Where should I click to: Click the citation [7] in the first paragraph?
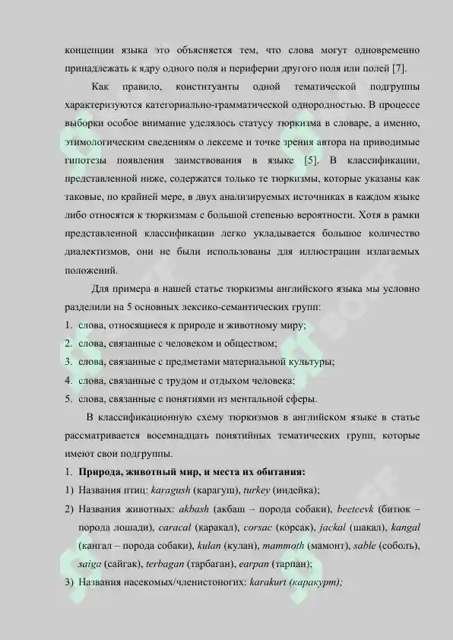pos(394,68)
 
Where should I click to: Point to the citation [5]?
pos(311,161)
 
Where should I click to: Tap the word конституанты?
pos(206,87)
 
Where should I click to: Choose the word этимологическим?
pos(110,142)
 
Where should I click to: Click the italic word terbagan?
pos(167,565)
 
